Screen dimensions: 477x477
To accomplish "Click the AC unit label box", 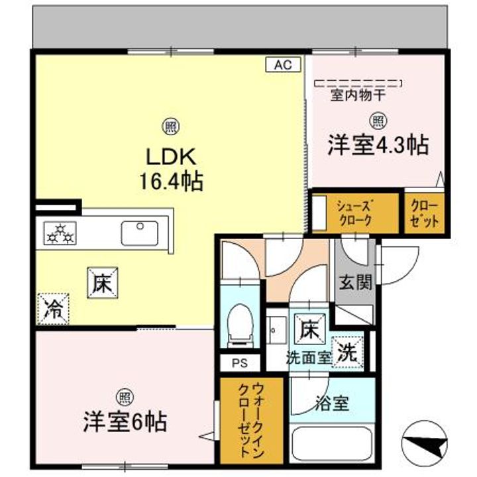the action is click(284, 64).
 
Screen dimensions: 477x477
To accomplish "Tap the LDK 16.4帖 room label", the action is click(172, 169).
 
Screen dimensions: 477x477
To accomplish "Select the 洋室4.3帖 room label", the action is click(378, 145).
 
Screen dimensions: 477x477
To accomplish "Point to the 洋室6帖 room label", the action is click(125, 422).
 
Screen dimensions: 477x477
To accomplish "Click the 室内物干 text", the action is click(358, 96).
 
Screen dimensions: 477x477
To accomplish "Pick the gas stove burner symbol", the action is click(60, 233).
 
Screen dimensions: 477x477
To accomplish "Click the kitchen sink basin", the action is click(140, 233).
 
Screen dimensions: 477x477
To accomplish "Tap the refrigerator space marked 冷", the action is click(53, 309).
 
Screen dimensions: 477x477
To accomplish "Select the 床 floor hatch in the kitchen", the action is click(103, 283).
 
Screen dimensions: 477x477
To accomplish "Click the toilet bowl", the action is click(240, 325).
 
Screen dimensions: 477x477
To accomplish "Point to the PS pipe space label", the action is click(240, 363).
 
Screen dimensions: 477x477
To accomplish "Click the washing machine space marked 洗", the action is click(348, 352).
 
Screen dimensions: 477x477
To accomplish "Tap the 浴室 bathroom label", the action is click(332, 403).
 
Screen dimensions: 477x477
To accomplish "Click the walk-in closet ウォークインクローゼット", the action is click(251, 421).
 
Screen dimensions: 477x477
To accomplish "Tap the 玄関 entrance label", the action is click(355, 282).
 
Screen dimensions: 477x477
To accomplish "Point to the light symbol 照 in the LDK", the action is click(172, 127).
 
